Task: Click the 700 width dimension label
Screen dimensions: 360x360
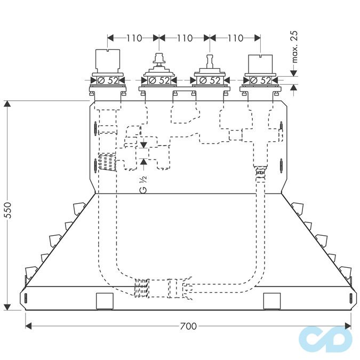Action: pos(188,326)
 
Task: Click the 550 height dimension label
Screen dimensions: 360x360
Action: pos(8,210)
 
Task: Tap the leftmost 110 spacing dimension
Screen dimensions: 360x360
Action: pos(134,38)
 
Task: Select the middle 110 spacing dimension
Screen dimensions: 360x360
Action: pos(185,38)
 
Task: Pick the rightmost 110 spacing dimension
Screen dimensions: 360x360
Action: pos(235,38)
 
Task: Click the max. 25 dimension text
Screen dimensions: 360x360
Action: pos(294,46)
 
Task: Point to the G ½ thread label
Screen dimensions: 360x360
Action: pos(143,185)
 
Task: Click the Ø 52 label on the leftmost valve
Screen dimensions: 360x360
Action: pos(108,81)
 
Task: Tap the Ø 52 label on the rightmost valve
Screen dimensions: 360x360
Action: pos(261,81)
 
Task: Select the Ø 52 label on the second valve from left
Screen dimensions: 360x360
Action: pos(159,81)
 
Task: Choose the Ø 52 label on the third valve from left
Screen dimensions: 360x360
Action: pos(210,81)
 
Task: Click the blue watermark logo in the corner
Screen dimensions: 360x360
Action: pos(325,339)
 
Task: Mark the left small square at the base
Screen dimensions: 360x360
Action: pos(105,301)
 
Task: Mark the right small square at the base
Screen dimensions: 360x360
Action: pos(272,301)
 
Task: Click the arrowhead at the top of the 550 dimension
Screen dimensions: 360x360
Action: pos(7,104)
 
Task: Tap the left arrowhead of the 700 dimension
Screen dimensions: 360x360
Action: pos(28,326)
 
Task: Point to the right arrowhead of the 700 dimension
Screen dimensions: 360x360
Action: pos(348,326)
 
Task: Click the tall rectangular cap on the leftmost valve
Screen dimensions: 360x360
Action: pos(108,61)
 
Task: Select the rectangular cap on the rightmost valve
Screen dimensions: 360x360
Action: pos(260,64)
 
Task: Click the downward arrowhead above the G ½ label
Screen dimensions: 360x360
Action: pos(143,145)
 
